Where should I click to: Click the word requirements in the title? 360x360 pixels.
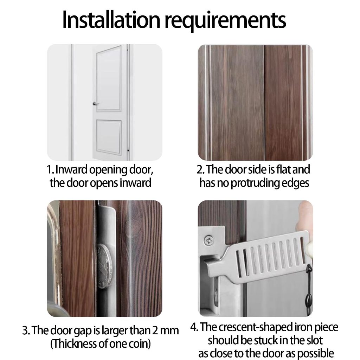click(225, 21)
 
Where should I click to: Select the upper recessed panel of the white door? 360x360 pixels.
click(109, 78)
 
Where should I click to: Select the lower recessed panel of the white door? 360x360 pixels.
click(109, 137)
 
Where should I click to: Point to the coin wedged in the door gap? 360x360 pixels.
click(105, 266)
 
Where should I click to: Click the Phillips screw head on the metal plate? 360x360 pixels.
click(208, 240)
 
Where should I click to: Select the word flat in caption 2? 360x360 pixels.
click(284, 169)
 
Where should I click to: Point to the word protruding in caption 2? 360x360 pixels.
click(255, 184)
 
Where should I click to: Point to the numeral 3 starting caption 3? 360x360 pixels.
click(25, 331)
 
